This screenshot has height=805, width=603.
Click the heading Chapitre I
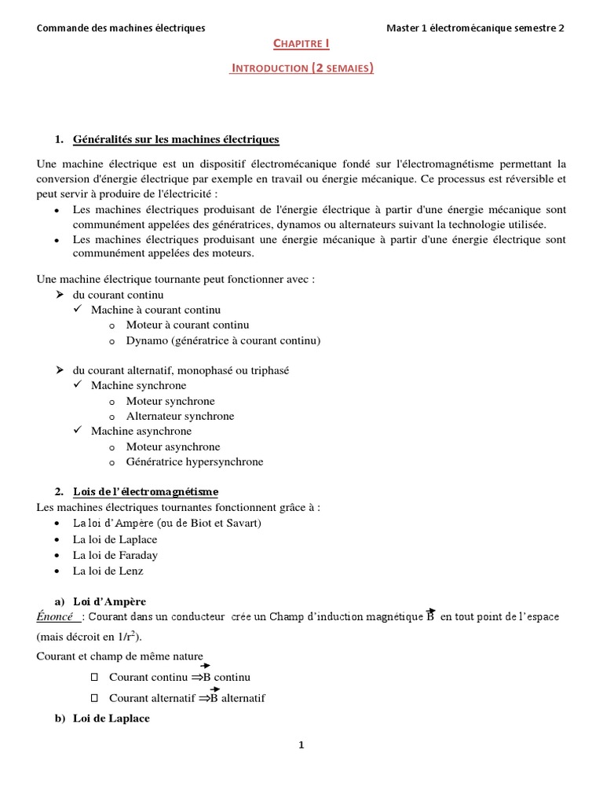[x=301, y=46]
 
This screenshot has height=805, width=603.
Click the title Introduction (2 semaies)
[x=301, y=68]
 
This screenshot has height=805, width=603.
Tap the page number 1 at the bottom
[x=301, y=746]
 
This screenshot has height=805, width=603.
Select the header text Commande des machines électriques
[x=121, y=28]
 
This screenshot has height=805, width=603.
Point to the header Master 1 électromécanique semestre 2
[x=475, y=28]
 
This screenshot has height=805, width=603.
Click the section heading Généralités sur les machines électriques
[x=176, y=140]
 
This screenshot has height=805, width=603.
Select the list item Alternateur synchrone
[x=180, y=416]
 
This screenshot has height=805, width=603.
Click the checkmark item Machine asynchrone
[x=141, y=431]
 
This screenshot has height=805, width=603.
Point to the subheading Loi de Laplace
[x=111, y=719]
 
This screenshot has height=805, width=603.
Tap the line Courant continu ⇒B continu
[x=180, y=677]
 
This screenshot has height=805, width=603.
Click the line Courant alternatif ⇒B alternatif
[x=188, y=697]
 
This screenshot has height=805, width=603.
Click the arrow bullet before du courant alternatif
[x=59, y=369]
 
